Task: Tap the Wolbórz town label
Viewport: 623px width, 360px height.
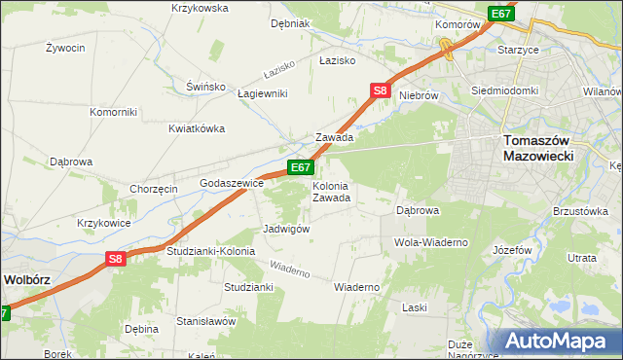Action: pyautogui.click(x=26, y=278)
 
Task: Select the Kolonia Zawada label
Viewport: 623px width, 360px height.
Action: pyautogui.click(x=331, y=192)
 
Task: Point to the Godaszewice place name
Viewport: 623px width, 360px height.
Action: pyautogui.click(x=232, y=183)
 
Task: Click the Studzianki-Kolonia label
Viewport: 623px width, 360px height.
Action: pyautogui.click(x=210, y=251)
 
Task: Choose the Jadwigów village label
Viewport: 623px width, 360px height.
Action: pyautogui.click(x=286, y=229)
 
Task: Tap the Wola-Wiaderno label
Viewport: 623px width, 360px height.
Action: pyautogui.click(x=431, y=241)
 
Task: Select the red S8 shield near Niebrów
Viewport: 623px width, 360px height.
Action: pyautogui.click(x=381, y=91)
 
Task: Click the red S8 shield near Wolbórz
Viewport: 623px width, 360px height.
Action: pyautogui.click(x=116, y=259)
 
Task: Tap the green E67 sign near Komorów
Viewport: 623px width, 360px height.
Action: pyautogui.click(x=500, y=14)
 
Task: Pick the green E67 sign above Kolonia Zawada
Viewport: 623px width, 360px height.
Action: pyautogui.click(x=300, y=168)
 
